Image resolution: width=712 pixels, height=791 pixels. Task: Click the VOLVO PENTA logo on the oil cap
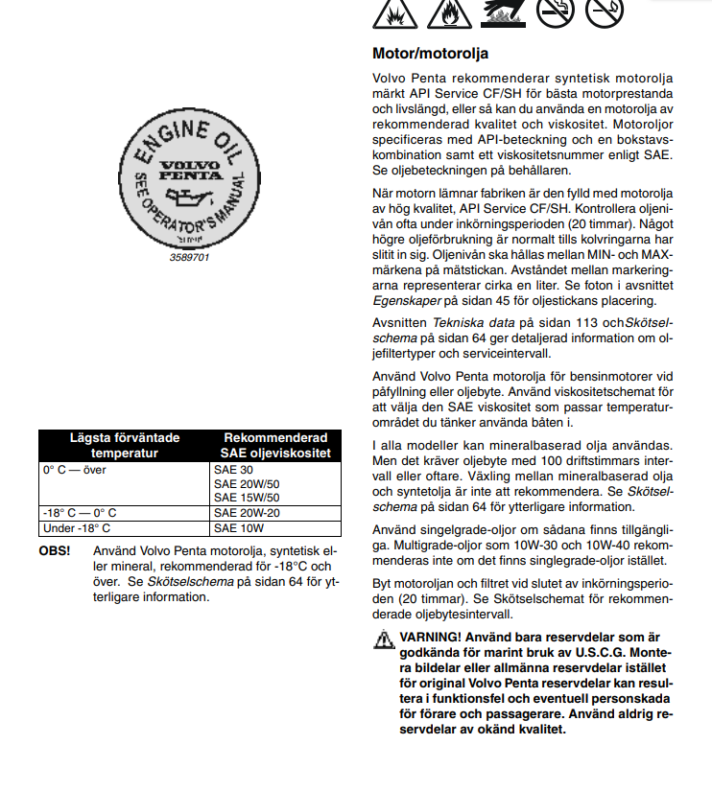(x=188, y=171)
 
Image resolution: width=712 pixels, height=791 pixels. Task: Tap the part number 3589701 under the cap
(x=188, y=258)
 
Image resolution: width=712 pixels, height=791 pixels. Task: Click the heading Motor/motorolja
(x=430, y=53)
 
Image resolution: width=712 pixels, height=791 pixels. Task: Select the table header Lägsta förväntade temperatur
(x=125, y=446)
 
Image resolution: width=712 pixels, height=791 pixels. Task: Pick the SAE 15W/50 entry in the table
(x=247, y=498)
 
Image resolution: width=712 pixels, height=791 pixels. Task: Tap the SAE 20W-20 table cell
(x=247, y=513)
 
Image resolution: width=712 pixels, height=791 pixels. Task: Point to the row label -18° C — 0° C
(x=80, y=513)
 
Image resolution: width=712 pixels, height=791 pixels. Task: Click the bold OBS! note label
(x=54, y=552)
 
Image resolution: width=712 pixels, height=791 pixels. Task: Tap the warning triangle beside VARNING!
(x=384, y=638)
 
